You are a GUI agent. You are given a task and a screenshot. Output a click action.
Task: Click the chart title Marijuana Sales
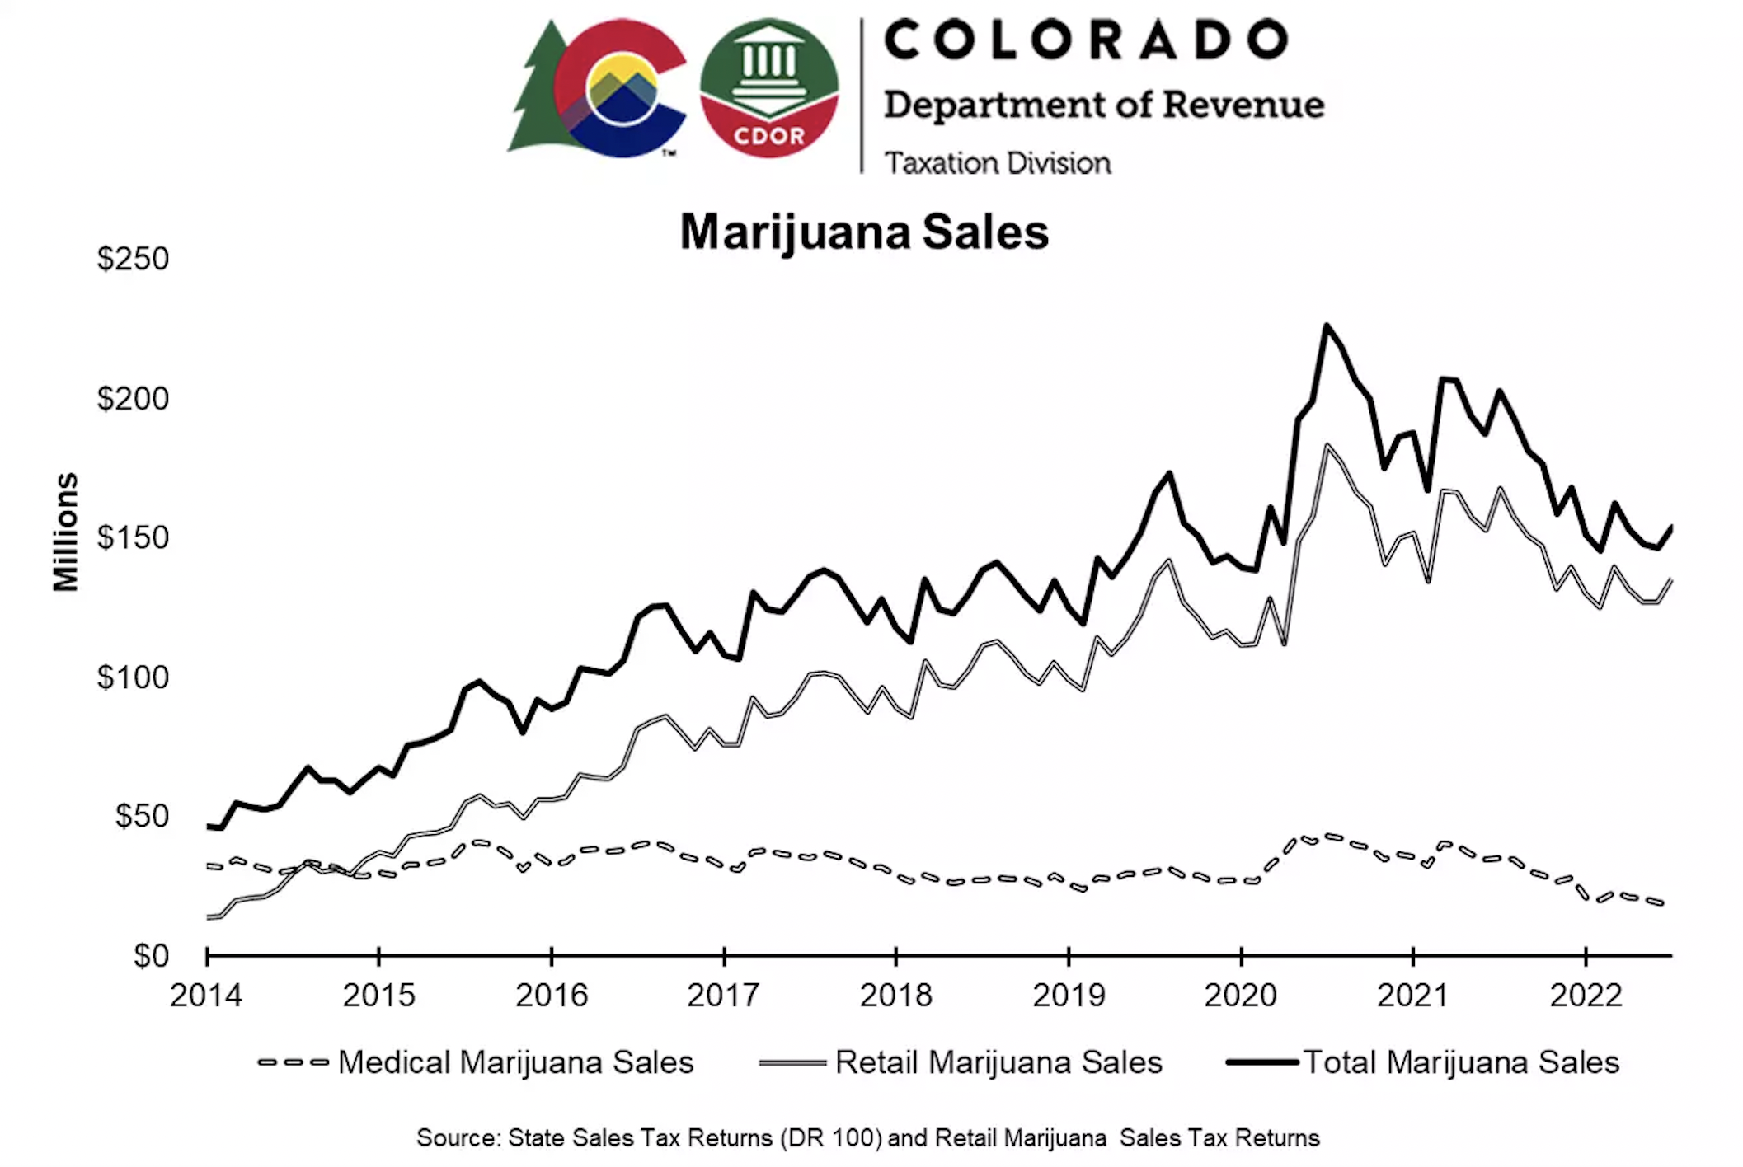(864, 232)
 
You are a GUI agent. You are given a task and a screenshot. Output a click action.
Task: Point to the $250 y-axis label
(133, 259)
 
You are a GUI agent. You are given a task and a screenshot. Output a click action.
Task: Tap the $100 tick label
(133, 677)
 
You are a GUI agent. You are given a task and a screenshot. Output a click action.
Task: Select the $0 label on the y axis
(151, 956)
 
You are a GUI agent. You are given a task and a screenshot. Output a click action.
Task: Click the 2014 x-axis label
(206, 996)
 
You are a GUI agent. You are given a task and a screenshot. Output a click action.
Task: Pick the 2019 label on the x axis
(1069, 996)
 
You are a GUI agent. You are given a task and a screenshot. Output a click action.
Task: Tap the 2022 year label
(1586, 996)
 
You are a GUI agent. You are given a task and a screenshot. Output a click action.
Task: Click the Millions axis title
(66, 532)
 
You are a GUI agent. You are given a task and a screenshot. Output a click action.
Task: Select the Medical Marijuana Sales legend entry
(515, 1062)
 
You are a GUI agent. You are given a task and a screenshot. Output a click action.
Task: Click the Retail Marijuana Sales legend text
(998, 1062)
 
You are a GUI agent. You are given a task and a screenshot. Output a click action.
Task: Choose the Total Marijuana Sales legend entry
(1461, 1062)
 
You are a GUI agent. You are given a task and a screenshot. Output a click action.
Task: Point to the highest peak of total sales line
(1327, 326)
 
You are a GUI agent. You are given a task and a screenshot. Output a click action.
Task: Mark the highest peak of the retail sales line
(1327, 446)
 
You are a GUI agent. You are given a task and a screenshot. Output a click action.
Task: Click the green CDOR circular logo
(768, 88)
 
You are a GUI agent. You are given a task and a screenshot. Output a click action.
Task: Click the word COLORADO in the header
(1086, 40)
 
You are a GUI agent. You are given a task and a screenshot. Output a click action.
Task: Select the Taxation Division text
(998, 163)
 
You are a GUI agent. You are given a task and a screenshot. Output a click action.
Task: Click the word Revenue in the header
(1243, 105)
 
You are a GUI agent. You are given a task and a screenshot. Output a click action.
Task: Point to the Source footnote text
(867, 1138)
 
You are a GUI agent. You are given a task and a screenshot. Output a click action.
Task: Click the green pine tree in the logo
(536, 91)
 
